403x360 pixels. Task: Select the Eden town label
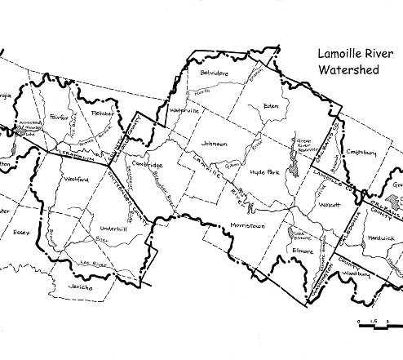point(272,106)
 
